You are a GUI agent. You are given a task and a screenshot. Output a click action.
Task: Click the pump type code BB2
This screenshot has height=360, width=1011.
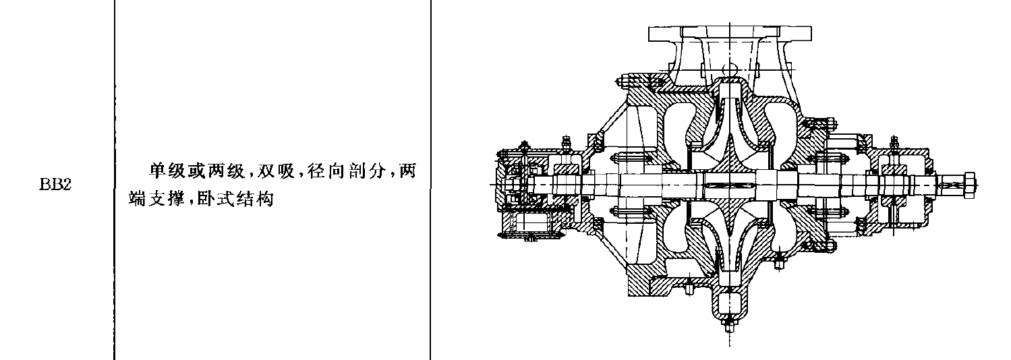(55, 185)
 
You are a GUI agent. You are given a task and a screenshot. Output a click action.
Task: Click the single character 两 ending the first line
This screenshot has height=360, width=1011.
(407, 171)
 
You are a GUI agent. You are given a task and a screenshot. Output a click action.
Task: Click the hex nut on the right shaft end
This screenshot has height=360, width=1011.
(969, 185)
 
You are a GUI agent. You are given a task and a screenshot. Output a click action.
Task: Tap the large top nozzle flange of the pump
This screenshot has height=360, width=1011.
(730, 33)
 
